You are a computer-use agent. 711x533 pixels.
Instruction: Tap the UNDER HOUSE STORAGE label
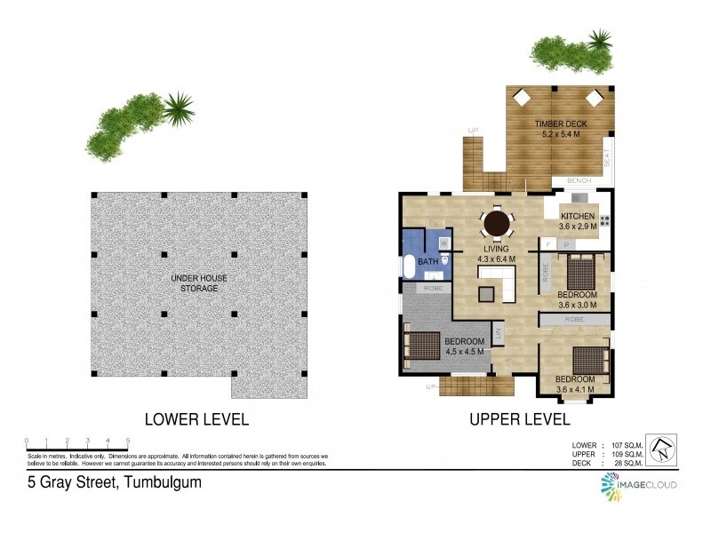[x=199, y=282]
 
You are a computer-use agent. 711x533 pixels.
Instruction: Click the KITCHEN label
[x=577, y=217]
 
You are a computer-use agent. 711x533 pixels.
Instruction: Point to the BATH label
[x=428, y=262]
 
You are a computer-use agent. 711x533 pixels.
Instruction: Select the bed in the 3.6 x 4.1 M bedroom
[x=590, y=361]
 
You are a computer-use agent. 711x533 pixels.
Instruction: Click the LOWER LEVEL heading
[x=196, y=418]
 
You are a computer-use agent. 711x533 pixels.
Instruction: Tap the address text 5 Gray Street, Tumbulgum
[x=113, y=483]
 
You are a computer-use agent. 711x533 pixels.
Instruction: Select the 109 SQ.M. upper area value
[x=623, y=452]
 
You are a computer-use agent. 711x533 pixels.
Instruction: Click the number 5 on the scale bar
[x=128, y=441]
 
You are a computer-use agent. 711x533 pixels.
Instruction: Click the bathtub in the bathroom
[x=409, y=267]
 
